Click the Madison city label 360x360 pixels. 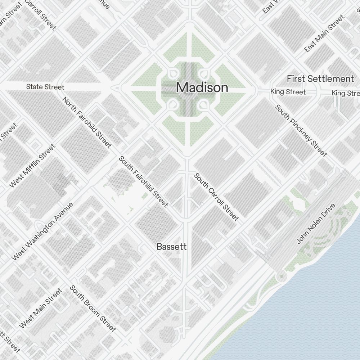202,87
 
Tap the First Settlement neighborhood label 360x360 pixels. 320,79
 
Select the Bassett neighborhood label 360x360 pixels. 172,247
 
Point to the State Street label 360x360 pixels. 45,87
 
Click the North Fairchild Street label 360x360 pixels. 87,122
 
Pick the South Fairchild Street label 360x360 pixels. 144,182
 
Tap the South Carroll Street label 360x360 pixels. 216,197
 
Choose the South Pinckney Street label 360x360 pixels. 301,131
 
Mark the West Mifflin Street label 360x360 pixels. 32,166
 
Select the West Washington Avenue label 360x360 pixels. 42,231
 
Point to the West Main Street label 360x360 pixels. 41,308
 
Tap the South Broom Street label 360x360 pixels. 93,309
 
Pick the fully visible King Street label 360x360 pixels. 288,92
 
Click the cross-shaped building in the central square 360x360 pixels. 187,88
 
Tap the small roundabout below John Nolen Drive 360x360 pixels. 281,276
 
